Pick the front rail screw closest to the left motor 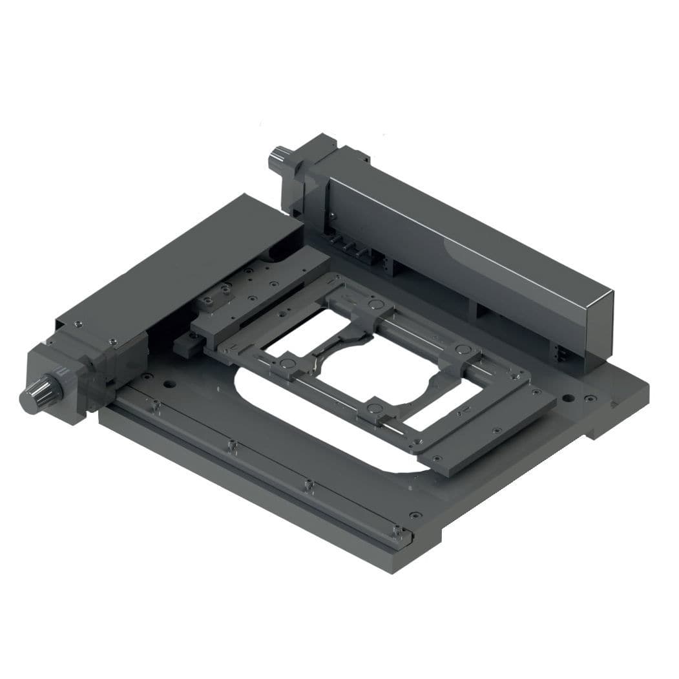[x=156, y=405]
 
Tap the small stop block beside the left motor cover [x=185, y=344]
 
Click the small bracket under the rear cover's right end [x=559, y=352]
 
